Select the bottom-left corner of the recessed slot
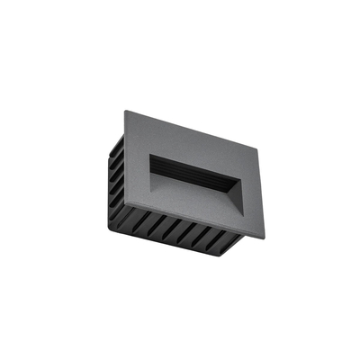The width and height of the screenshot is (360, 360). click(x=149, y=178)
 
